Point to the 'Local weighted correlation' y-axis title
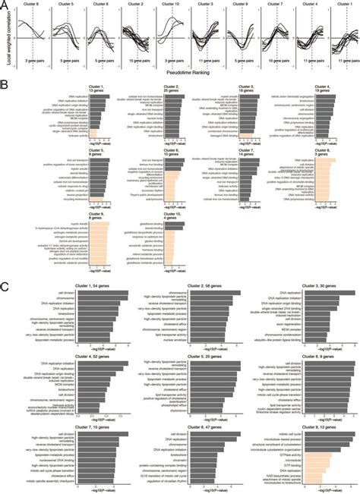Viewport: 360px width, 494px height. (x=8, y=38)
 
